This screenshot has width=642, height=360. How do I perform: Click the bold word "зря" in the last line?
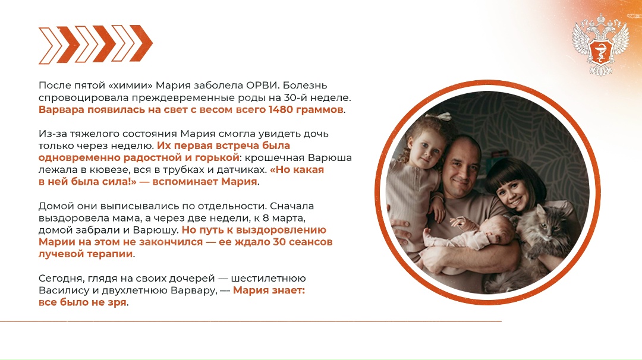(x=117, y=302)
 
